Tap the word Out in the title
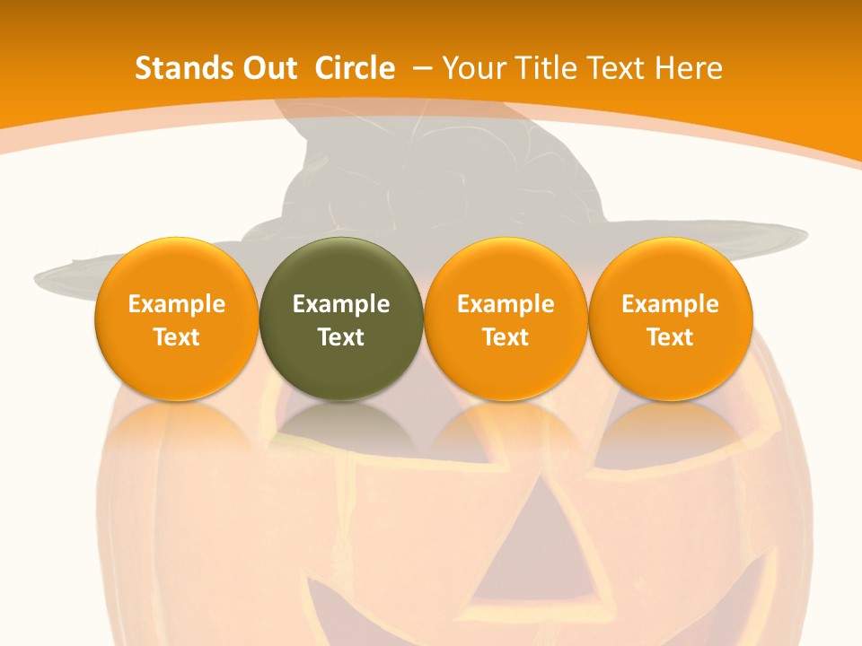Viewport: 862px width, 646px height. tap(260, 68)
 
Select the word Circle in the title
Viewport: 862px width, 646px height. tap(355, 68)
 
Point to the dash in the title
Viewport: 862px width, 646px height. tap(422, 68)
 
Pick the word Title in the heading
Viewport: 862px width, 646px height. tap(545, 68)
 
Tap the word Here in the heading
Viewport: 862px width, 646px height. tap(688, 68)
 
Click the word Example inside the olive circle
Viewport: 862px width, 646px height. tap(341, 304)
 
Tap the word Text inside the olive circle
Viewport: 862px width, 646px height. tap(341, 337)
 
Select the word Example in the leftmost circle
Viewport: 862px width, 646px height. tap(176, 304)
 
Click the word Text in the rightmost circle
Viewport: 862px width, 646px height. tap(671, 337)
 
